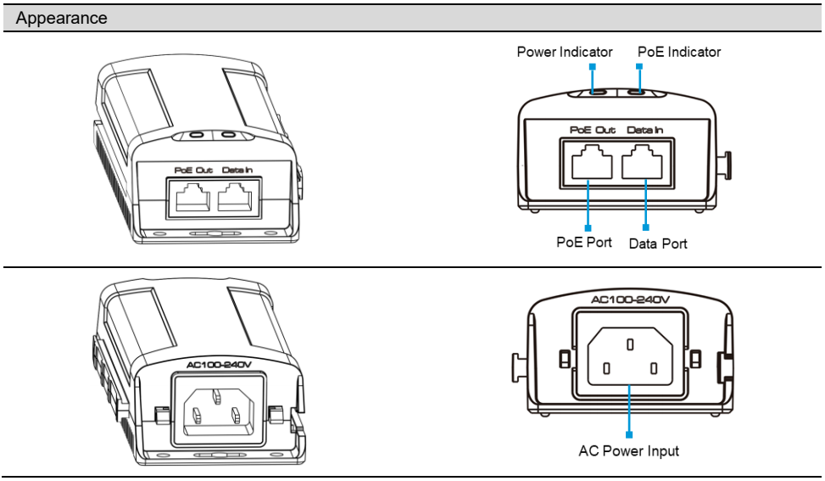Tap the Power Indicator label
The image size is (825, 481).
point(565,53)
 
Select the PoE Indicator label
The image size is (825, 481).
point(678,53)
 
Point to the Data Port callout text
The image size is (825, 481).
point(658,243)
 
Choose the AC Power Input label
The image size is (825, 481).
point(629,450)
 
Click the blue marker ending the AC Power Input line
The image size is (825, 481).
point(629,433)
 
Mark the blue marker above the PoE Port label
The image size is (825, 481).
point(587,227)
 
